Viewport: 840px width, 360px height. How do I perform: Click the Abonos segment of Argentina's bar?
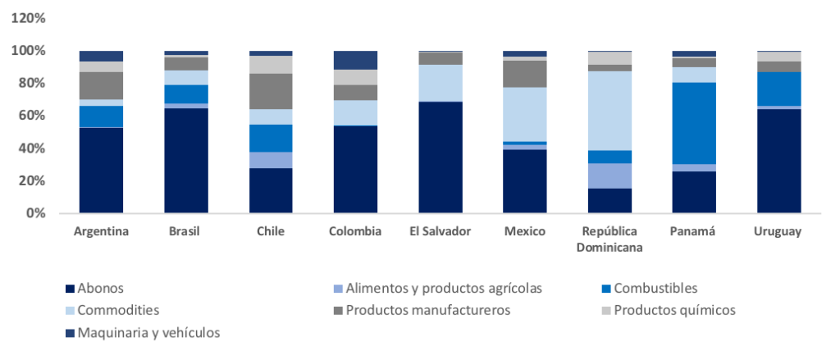pyautogui.click(x=101, y=170)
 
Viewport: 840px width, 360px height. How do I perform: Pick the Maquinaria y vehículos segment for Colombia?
pyautogui.click(x=355, y=60)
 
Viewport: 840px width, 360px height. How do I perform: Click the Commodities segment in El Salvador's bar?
pyautogui.click(x=440, y=83)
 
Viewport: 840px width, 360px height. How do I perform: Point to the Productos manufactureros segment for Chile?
pyautogui.click(x=271, y=91)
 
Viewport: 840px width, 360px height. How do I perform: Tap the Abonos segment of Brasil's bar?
pyautogui.click(x=185, y=161)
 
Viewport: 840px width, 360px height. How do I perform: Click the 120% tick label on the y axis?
pyautogui.click(x=29, y=18)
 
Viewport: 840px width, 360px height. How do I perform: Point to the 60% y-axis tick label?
pyautogui.click(x=32, y=116)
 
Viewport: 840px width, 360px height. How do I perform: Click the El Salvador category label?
pyautogui.click(x=440, y=231)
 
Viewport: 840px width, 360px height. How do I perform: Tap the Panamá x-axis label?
pyautogui.click(x=693, y=231)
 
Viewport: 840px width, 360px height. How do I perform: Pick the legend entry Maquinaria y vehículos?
pyautogui.click(x=148, y=332)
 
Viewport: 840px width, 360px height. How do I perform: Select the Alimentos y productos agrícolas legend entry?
pyautogui.click(x=443, y=288)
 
